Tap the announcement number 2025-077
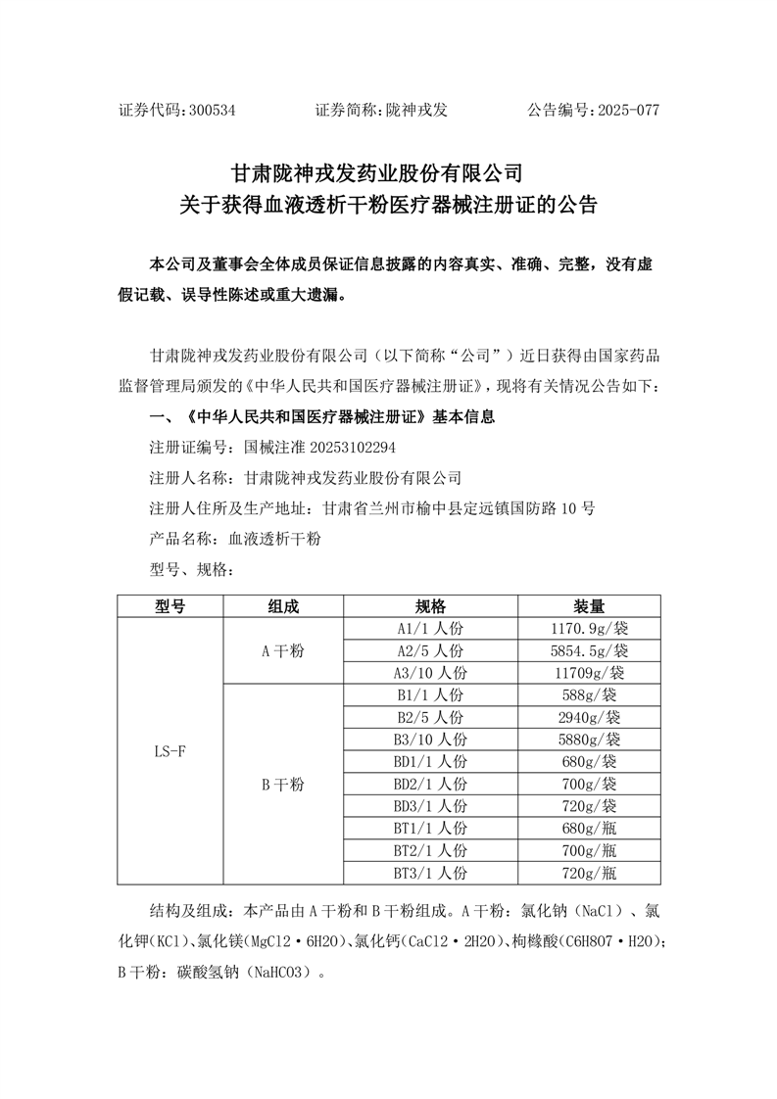click(x=622, y=110)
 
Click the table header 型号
click(x=170, y=606)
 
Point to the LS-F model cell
click(x=170, y=751)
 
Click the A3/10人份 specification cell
click(x=431, y=673)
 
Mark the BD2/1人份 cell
click(x=431, y=784)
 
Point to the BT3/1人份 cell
click(x=431, y=872)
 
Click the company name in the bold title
click(x=378, y=174)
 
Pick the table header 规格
click(x=431, y=606)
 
